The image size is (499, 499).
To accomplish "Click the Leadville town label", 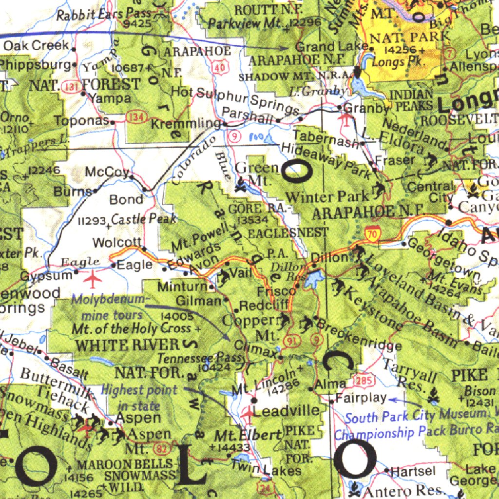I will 287,411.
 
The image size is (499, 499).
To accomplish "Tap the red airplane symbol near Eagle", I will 92,279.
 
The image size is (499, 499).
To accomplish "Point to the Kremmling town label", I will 186,124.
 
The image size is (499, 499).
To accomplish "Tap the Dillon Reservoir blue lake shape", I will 313,279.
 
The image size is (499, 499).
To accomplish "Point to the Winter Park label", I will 327,197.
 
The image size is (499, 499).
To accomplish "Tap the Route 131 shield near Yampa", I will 72,87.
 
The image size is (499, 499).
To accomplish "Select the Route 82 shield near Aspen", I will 161,447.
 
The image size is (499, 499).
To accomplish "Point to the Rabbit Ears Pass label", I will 104,15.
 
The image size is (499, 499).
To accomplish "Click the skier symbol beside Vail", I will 224,277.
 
